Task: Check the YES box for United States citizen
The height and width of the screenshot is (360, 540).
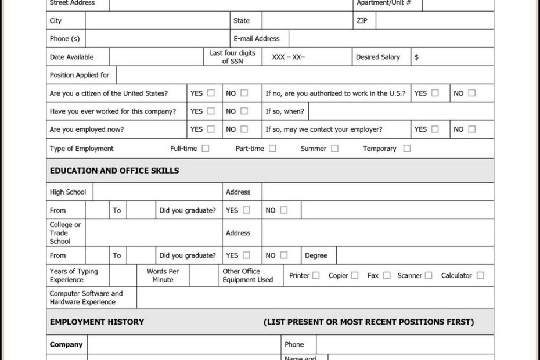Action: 211,93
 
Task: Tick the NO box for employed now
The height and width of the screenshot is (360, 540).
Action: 244,129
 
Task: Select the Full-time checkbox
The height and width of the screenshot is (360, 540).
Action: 205,148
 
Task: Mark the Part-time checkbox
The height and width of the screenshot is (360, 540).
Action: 272,148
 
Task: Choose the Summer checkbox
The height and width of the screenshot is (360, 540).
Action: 334,148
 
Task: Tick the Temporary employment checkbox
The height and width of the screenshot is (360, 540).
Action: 406,148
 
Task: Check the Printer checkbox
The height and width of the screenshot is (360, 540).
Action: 316,275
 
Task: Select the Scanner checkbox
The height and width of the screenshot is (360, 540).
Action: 429,275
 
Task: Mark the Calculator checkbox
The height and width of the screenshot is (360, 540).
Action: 480,275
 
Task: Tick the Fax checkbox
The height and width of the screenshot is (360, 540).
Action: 387,275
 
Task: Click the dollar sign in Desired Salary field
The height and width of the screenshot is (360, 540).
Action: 416,57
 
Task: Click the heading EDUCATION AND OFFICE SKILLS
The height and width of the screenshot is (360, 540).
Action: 114,171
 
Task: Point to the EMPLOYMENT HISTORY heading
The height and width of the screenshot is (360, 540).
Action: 97,322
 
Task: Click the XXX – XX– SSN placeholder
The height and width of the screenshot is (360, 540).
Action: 288,57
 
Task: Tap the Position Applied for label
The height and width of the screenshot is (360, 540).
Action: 80,75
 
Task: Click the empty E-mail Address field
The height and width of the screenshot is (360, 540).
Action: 391,39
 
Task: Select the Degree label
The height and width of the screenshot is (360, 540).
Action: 316,255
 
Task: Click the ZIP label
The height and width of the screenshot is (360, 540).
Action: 361,21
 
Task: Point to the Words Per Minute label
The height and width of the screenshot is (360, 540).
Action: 163,275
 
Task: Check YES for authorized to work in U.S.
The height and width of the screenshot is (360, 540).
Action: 435,93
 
